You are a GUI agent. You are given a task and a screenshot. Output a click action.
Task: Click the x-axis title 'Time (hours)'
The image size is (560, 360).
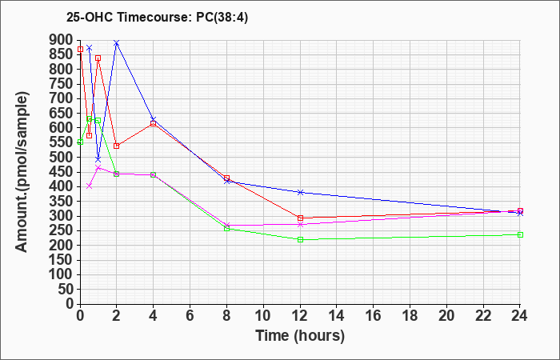tap(300, 336)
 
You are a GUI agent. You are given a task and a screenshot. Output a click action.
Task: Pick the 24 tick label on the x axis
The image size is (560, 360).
tap(520, 316)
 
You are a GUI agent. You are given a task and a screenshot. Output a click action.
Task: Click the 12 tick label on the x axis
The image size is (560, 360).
tap(300, 316)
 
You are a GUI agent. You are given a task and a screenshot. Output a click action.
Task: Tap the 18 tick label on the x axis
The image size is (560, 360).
tap(410, 316)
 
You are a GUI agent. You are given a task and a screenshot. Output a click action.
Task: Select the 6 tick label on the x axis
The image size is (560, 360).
tap(190, 316)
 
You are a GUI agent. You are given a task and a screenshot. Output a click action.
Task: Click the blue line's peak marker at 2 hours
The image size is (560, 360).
tap(117, 43)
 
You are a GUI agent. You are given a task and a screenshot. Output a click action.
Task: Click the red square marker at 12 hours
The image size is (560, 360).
tap(300, 218)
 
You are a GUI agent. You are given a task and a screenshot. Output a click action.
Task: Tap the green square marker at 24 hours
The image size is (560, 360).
tap(520, 234)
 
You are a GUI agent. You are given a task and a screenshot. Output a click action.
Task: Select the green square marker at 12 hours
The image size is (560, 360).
tap(300, 239)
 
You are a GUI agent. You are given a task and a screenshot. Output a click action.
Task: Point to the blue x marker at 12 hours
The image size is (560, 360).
tap(300, 192)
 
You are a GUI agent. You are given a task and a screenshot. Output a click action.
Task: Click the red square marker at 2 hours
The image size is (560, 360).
tap(117, 146)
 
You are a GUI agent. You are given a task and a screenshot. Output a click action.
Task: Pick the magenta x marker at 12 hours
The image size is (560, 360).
tap(300, 224)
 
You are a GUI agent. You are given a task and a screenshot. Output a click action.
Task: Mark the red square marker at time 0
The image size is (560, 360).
tap(80, 50)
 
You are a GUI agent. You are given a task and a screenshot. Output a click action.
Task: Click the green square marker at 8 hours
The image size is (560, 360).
tap(226, 229)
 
